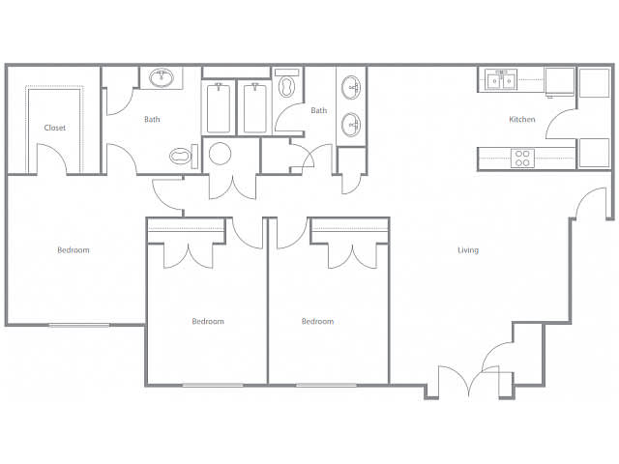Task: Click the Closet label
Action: (x=55, y=128)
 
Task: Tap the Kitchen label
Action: (x=522, y=119)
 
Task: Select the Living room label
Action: (x=468, y=249)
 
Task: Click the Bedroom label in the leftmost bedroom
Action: (x=74, y=249)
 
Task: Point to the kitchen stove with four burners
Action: (x=522, y=159)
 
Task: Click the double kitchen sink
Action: (x=501, y=80)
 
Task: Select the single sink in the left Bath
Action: (x=162, y=77)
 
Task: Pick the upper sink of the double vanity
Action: (x=350, y=88)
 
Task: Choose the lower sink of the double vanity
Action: (x=350, y=125)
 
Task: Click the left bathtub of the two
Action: (x=219, y=108)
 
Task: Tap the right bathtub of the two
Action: (x=254, y=108)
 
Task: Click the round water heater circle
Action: (x=220, y=154)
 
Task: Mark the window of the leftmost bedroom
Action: (x=79, y=325)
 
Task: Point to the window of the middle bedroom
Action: (x=213, y=385)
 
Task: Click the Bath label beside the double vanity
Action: (x=319, y=110)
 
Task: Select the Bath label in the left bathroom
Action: (x=152, y=119)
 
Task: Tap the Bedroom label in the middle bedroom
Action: (x=208, y=321)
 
